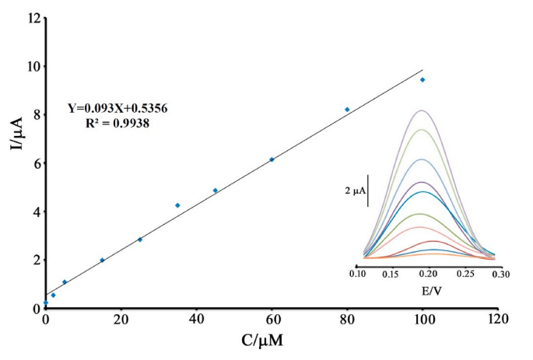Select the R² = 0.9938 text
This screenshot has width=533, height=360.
[x=117, y=122]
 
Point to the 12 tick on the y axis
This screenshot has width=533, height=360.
[x=32, y=18]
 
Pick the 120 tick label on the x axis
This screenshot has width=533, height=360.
[x=497, y=318]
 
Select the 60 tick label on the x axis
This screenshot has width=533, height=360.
[x=272, y=318]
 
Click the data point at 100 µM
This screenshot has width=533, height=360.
[x=423, y=79]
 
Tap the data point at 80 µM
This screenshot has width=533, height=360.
[x=347, y=110]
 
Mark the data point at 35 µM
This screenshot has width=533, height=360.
[x=177, y=205]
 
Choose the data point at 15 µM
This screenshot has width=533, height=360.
[x=102, y=260]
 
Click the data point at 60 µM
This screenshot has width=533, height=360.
[x=272, y=159]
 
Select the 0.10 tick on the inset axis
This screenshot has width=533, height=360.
[x=358, y=274]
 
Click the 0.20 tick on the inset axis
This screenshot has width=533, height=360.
[x=428, y=274]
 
